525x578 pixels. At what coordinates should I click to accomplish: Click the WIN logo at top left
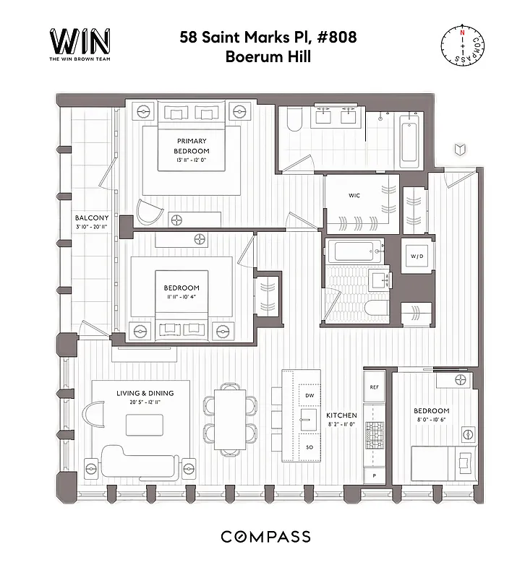pos(79,43)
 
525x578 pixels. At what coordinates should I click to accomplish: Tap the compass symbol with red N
pos(461,44)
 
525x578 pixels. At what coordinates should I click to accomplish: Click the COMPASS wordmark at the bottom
pos(265,537)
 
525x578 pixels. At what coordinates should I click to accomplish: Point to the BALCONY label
pos(92,217)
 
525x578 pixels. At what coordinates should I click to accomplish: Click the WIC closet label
pos(354,195)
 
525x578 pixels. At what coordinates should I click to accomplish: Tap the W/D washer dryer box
pos(417,256)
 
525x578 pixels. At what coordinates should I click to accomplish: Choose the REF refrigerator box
pos(374,387)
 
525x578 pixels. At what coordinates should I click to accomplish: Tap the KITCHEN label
pos(341,415)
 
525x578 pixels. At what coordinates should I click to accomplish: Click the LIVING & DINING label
pos(145,393)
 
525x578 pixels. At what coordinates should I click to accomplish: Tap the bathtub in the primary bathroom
pos(409,139)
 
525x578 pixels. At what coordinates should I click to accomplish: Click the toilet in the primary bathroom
pos(294,121)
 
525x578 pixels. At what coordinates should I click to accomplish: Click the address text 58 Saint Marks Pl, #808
pos(268,38)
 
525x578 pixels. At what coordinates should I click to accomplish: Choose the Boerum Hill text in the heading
pos(268,57)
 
